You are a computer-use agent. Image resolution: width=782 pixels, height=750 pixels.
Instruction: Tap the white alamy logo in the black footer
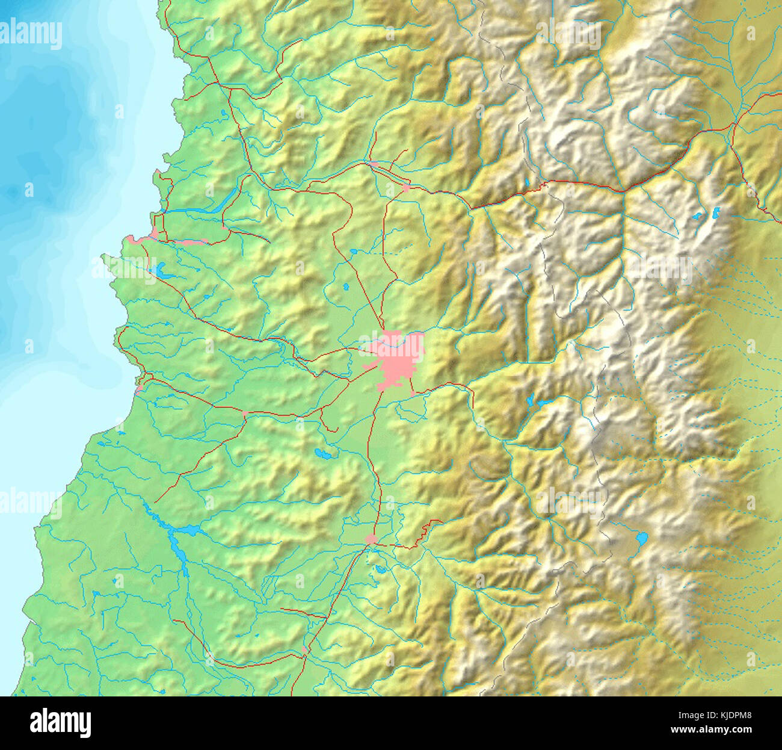pyautogui.click(x=60, y=723)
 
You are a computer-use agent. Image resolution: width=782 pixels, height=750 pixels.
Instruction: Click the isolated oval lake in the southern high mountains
pyautogui.click(x=642, y=537)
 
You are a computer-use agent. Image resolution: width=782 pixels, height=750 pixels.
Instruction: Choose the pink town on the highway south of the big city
pyautogui.click(x=372, y=539)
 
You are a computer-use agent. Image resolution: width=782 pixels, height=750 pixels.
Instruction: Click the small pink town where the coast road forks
pyautogui.click(x=245, y=413)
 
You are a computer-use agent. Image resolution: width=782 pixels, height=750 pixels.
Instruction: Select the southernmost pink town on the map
pyautogui.click(x=304, y=650)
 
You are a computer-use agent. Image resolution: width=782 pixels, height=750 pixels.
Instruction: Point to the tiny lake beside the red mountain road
pyautogui.click(x=526, y=181)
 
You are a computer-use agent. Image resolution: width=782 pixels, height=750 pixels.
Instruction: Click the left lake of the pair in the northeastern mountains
pyautogui.click(x=698, y=215)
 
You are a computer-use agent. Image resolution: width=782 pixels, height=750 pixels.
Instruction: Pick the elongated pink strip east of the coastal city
pyautogui.click(x=190, y=241)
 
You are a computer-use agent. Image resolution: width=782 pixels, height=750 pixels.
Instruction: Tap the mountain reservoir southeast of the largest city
pyautogui.click(x=541, y=403)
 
